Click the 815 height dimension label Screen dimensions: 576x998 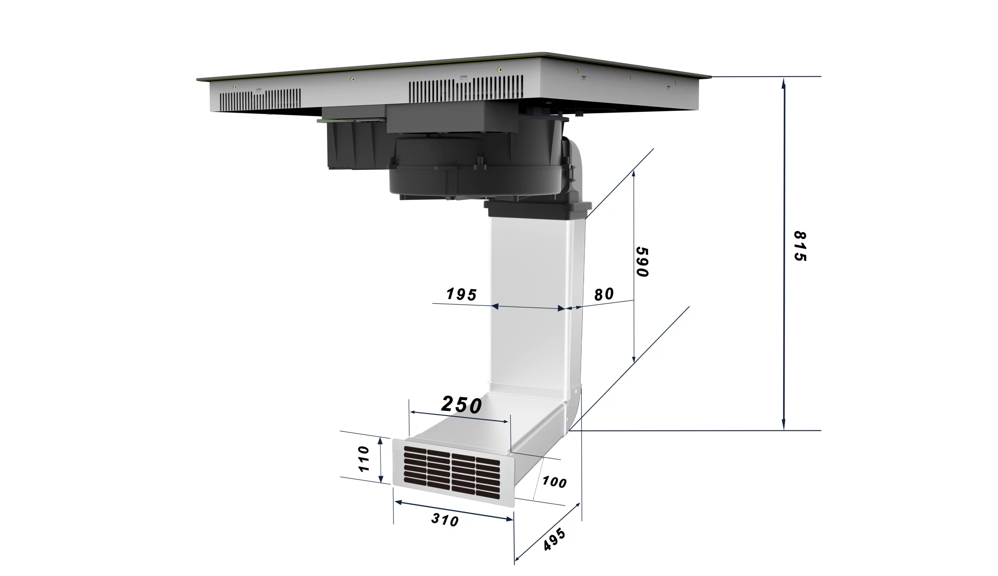click(x=800, y=246)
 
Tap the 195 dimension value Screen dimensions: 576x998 click(x=462, y=294)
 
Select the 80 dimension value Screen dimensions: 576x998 click(x=604, y=294)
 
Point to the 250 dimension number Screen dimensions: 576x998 click(x=462, y=405)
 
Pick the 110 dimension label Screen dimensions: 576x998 click(x=363, y=459)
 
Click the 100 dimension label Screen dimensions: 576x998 click(x=554, y=482)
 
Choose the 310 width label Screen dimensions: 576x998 click(x=445, y=520)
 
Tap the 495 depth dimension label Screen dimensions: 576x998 click(x=554, y=540)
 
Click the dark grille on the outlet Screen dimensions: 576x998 click(x=451, y=472)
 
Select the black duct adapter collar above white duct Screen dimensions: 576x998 click(x=537, y=209)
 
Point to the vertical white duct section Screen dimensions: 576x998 click(x=530, y=300)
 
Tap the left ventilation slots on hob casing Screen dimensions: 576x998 click(x=260, y=100)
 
